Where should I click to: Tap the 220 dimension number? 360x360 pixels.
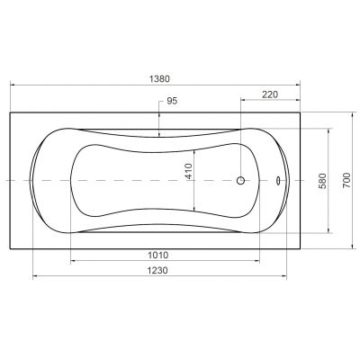[269, 94]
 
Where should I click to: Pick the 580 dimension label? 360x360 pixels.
[322, 181]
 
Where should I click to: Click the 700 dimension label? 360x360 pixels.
[346, 181]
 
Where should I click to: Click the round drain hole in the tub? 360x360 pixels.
[240, 181]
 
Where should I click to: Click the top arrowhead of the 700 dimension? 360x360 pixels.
[352, 114]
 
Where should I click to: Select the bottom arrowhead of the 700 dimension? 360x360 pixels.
[352, 247]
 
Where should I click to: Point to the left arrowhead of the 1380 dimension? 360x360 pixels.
[12, 86]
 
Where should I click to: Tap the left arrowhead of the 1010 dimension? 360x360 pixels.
[73, 261]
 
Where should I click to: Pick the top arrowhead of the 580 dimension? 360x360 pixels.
[329, 130]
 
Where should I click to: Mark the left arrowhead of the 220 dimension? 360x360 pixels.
[242, 100]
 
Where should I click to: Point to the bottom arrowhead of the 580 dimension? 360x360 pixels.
[329, 231]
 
